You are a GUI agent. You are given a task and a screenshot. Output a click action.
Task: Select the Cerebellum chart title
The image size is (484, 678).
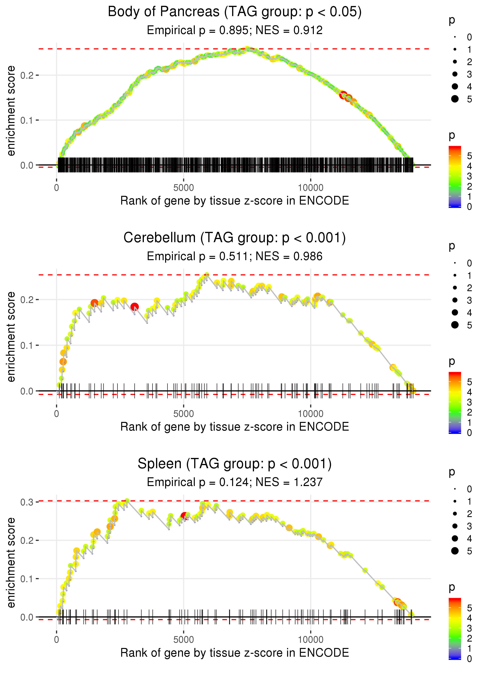(x=235, y=238)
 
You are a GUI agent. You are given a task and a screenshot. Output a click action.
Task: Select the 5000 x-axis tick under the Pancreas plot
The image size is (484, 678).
(x=184, y=188)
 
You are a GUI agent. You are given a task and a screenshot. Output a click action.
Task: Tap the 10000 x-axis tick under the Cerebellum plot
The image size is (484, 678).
(x=311, y=414)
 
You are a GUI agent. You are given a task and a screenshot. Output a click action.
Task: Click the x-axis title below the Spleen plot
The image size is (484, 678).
(x=235, y=653)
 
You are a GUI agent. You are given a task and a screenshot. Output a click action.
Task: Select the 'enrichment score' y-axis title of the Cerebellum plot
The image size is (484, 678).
(x=11, y=337)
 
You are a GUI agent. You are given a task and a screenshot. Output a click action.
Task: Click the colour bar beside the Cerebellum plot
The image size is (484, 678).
(x=455, y=403)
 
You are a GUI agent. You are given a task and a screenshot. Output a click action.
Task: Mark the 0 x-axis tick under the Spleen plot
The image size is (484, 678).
(x=57, y=640)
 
